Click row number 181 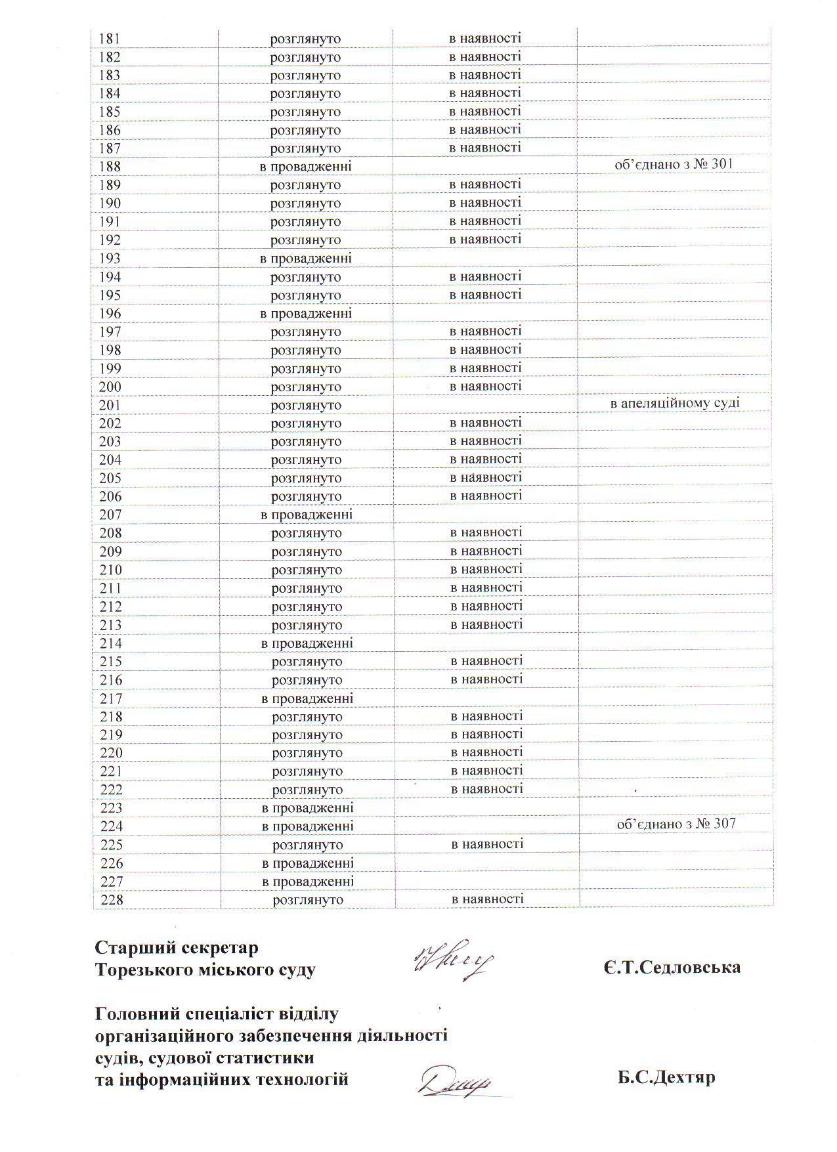pyautogui.click(x=110, y=39)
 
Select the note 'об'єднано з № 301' pyautogui.click(x=673, y=164)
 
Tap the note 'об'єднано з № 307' pyautogui.click(x=676, y=824)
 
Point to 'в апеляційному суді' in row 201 pyautogui.click(x=675, y=403)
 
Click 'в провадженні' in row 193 pyautogui.click(x=306, y=259)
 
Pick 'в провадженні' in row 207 pyautogui.click(x=307, y=515)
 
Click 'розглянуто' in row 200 pyautogui.click(x=306, y=387)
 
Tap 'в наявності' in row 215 pyautogui.click(x=487, y=661)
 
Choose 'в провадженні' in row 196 pyautogui.click(x=306, y=314)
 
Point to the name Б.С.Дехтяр pyautogui.click(x=666, y=1078)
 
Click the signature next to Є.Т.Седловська pyautogui.click(x=453, y=960)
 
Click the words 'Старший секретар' pyautogui.click(x=177, y=948)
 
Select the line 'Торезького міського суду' pyautogui.click(x=205, y=970)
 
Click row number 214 pyautogui.click(x=111, y=643)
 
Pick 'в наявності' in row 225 pyautogui.click(x=487, y=844)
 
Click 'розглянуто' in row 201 pyautogui.click(x=306, y=406)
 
